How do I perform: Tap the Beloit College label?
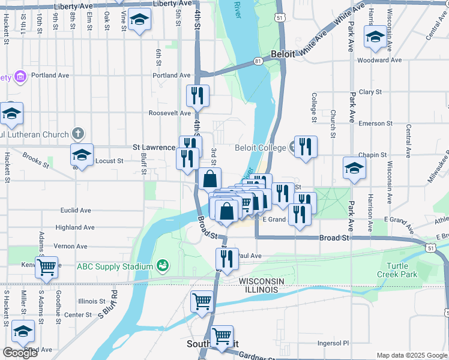click(261, 147)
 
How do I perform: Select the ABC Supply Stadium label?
click(115, 266)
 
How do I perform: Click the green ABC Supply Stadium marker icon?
click(161, 265)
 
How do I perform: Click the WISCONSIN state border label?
click(264, 281)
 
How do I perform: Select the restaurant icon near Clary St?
click(197, 95)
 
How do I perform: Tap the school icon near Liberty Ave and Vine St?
click(139, 20)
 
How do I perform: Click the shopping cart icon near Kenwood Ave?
click(46, 267)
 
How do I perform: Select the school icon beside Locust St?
click(82, 155)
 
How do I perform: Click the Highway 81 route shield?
click(258, 61)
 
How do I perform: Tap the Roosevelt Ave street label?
click(170, 113)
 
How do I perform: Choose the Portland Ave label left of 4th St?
click(171, 76)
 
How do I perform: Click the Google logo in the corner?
click(19, 353)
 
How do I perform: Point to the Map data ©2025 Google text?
click(411, 355)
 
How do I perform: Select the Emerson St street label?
click(375, 124)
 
